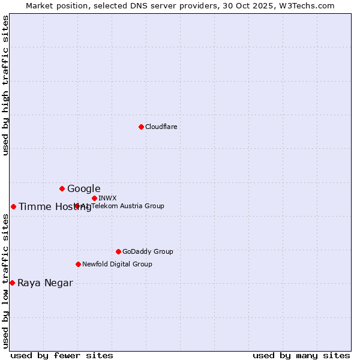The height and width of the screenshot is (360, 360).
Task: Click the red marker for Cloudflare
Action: tap(141, 127)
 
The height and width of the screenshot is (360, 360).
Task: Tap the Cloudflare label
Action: tap(161, 127)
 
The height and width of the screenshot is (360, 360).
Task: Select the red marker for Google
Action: tap(62, 188)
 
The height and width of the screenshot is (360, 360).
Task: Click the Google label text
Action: tap(83, 189)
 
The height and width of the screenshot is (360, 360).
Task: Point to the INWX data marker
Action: tap(94, 198)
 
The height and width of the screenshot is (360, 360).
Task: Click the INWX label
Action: tap(107, 198)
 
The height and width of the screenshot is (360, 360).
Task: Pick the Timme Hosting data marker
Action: tap(13, 206)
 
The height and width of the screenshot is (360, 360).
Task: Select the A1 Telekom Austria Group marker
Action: tap(77, 206)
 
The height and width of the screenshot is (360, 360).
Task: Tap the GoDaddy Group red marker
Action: tap(118, 251)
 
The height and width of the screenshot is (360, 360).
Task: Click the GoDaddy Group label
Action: tap(147, 251)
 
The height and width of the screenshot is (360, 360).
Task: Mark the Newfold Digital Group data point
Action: tap(78, 264)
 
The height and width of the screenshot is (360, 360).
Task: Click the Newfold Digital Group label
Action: tap(117, 264)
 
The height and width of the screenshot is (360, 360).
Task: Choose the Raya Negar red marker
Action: tap(12, 283)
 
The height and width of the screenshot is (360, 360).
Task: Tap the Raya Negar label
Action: tap(45, 283)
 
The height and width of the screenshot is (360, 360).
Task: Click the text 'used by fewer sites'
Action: tap(62, 355)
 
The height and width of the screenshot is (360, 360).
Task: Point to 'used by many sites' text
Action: tap(301, 355)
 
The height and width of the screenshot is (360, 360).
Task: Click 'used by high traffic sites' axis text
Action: tap(6, 85)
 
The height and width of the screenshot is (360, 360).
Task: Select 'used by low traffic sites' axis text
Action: tap(6, 281)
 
